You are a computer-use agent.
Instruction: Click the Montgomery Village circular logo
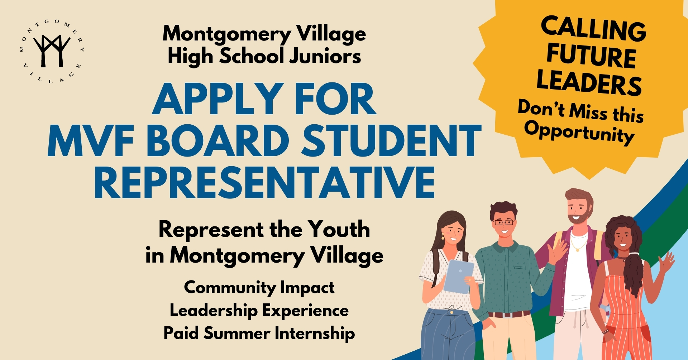(x=52, y=51)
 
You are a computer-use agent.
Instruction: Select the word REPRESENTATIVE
(x=264, y=182)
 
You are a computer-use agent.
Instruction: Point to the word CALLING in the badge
(x=593, y=29)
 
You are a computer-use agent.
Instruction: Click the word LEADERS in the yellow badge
(x=589, y=83)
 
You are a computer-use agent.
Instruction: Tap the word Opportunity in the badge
(x=579, y=133)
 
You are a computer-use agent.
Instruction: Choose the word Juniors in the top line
(x=325, y=56)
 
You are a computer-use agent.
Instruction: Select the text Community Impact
(x=259, y=288)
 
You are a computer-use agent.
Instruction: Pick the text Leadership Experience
(x=259, y=311)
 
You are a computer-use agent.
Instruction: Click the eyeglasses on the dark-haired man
(x=504, y=222)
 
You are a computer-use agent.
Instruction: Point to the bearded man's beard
(x=579, y=217)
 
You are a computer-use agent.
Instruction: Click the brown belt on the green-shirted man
(x=509, y=315)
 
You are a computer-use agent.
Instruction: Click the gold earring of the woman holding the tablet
(x=443, y=237)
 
